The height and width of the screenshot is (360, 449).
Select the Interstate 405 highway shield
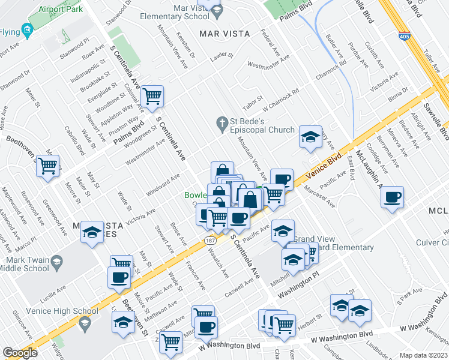click(x=405, y=37)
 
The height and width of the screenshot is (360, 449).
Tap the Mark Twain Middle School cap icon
click(x=56, y=262)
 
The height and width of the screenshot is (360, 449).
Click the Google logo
click(x=20, y=353)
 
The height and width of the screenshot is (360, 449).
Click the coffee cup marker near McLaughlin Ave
click(x=392, y=197)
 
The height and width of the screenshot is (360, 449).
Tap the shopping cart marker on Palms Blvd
click(x=152, y=95)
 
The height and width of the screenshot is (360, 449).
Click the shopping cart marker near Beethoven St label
click(x=47, y=166)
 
